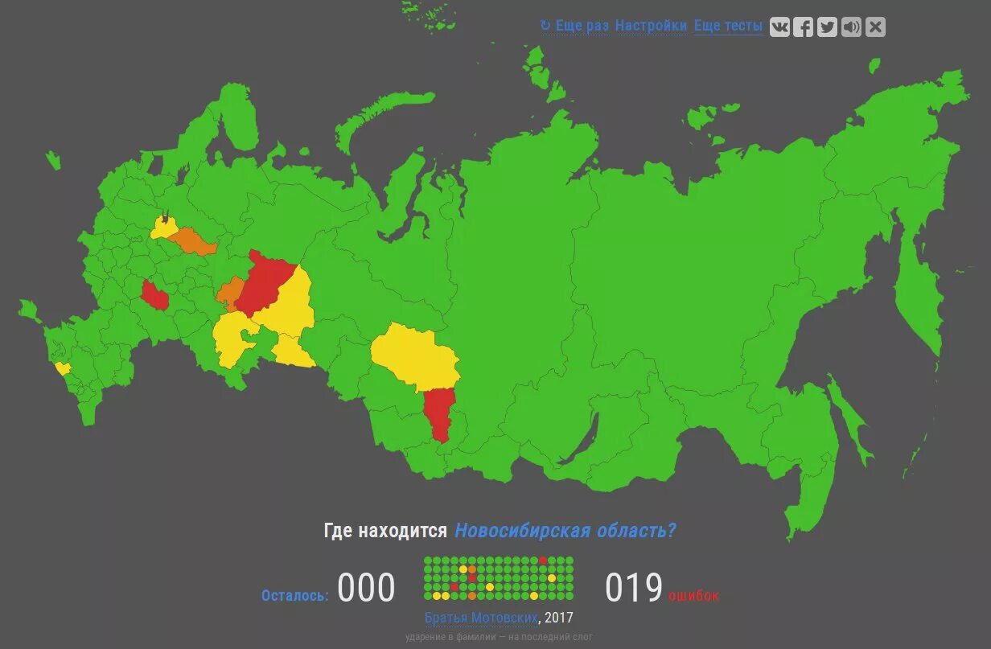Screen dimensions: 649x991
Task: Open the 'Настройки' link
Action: coord(651,26)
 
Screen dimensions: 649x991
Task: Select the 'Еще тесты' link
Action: coord(728,26)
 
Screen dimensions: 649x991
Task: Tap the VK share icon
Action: coord(779,27)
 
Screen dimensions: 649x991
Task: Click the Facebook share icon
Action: coord(803,27)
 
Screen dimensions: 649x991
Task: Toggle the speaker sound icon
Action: coord(851,27)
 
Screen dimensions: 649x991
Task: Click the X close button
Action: coord(875,27)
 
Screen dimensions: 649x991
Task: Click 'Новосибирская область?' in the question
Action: coord(565,531)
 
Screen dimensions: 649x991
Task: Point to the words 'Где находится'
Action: coord(385,531)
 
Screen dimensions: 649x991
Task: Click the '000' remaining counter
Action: coord(366,589)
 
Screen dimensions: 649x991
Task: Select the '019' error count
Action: coord(634,589)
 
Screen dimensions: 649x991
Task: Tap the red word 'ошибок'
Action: coord(693,596)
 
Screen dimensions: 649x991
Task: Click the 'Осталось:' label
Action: coord(294,596)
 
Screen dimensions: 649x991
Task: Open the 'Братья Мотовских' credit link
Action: coord(481,618)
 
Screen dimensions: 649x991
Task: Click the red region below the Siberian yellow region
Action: coord(439,410)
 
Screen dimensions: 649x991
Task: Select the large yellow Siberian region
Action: coord(414,358)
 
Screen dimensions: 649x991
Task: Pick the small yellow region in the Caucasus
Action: coord(63,368)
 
